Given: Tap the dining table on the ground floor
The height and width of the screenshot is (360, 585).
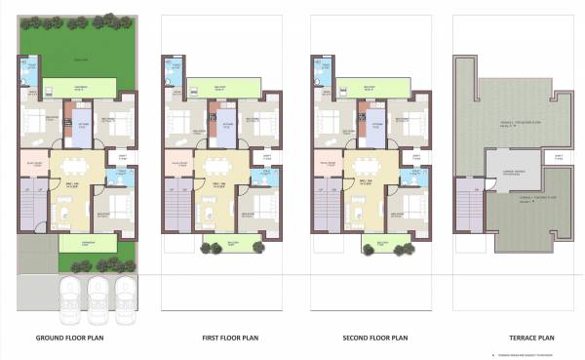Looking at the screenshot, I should [71, 163].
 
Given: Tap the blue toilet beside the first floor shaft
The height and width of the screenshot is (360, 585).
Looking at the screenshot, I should [261, 178].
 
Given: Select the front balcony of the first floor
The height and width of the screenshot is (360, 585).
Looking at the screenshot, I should [220, 244].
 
